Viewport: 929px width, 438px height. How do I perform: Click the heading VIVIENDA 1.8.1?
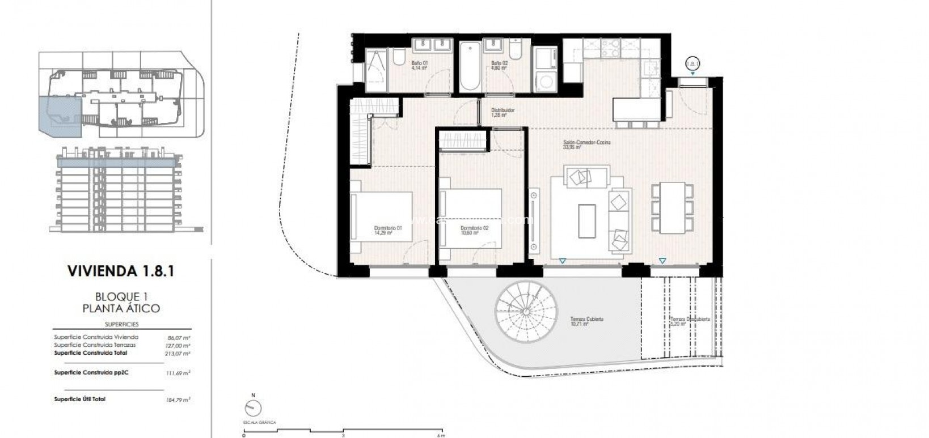(120, 271)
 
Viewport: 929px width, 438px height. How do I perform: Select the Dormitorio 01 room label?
(388, 230)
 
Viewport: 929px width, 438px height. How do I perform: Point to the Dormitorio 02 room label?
(474, 230)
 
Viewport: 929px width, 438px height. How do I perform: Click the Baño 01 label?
(419, 65)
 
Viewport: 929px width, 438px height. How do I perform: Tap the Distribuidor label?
(502, 113)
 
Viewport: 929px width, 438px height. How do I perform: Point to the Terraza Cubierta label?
(586, 321)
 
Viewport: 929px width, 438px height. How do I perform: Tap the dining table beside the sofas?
(672, 207)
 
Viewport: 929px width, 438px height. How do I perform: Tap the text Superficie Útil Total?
(79, 399)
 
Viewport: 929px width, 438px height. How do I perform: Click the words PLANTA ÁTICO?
(121, 309)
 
